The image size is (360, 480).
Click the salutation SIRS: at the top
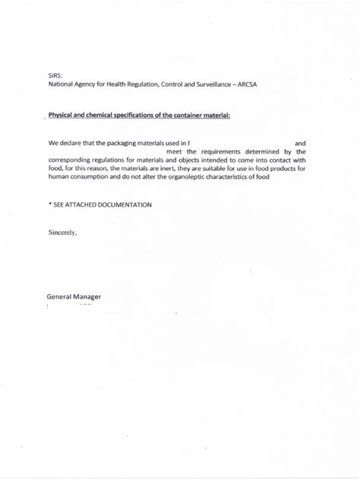[55, 75]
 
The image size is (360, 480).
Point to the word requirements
[219, 151]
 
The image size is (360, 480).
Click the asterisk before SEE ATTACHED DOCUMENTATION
[49, 205]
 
